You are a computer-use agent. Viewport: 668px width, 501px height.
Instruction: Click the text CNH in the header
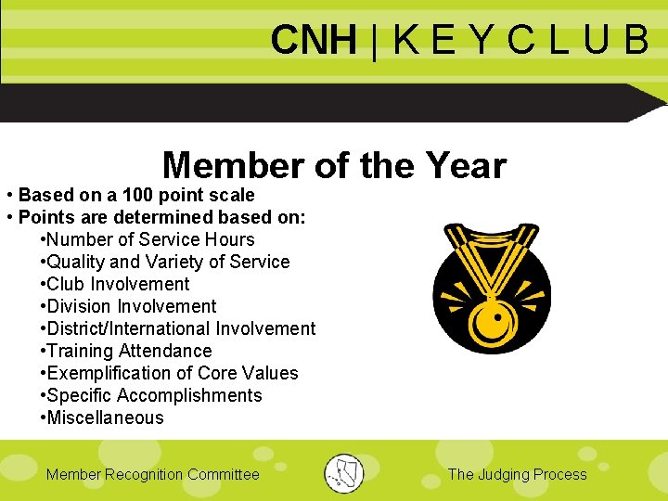coord(313,40)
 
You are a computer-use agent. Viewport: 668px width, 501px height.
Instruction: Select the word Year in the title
coord(466,166)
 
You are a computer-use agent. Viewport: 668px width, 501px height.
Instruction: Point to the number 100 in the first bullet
coord(138,195)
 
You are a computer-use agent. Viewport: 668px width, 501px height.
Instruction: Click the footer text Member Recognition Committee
coord(153,474)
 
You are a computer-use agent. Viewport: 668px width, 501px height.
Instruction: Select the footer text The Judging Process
coord(517,474)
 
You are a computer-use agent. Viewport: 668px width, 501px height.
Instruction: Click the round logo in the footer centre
coord(344,473)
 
